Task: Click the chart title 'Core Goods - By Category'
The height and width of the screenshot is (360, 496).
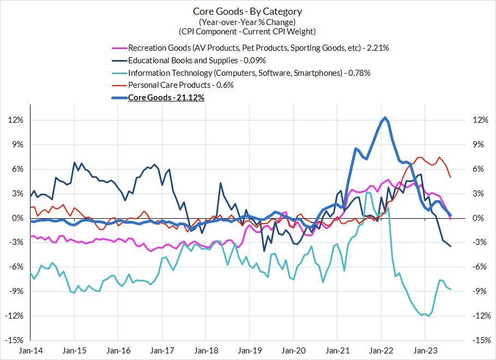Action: point(247,11)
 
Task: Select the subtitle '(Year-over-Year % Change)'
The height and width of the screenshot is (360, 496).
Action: point(247,22)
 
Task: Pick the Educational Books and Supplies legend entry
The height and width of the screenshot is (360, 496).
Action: point(197,60)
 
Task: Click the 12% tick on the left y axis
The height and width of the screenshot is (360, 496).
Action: point(15,120)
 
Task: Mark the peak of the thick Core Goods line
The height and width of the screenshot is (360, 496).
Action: point(385,117)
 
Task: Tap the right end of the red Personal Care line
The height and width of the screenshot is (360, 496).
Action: point(450,177)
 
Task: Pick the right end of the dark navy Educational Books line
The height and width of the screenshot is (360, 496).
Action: point(451,247)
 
